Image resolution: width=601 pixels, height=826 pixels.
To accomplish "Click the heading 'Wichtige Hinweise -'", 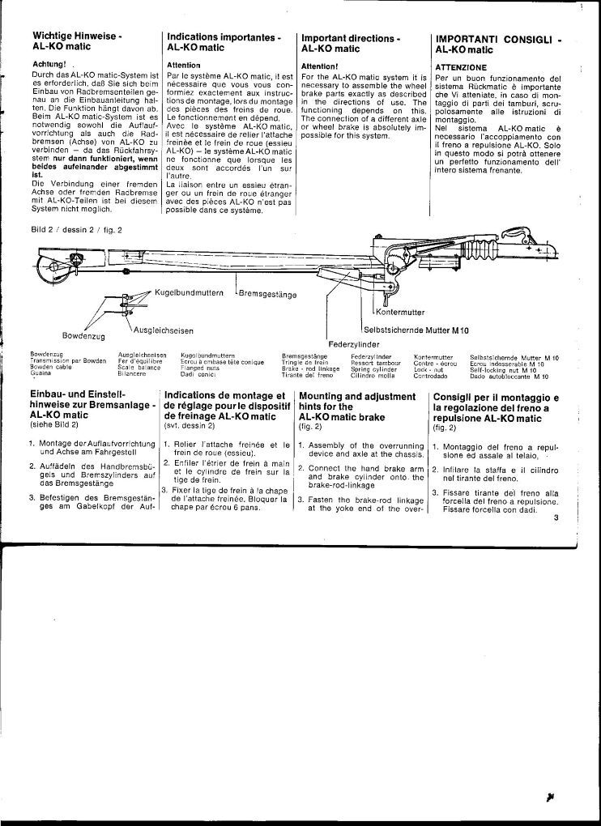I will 77,37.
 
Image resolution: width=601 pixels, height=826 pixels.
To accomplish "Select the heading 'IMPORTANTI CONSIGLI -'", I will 498,39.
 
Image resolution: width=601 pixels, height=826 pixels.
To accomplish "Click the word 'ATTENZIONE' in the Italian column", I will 461,66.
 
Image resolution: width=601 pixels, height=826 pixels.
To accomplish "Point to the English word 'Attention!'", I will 318,65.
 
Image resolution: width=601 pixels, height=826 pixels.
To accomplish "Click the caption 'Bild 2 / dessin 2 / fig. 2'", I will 76,229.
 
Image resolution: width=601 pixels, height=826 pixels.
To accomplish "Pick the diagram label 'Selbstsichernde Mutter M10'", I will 416,330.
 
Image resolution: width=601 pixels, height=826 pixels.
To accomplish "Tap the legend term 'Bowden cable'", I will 50,369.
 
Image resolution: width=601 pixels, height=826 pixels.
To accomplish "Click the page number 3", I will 556,519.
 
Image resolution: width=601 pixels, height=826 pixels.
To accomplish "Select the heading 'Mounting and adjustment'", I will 356,397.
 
